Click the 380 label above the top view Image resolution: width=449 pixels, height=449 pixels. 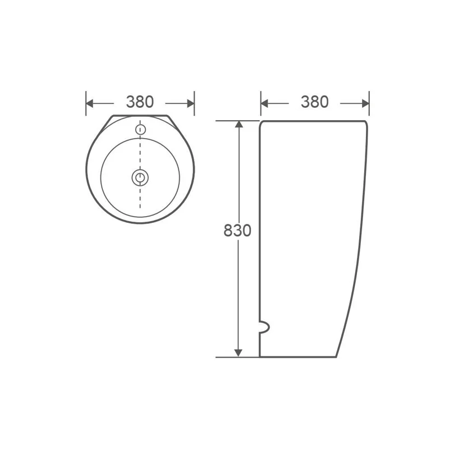(140, 102)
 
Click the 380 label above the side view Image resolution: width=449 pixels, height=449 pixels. (314, 102)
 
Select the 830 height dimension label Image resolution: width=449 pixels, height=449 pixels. (237, 231)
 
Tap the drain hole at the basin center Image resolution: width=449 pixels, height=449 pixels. (140, 178)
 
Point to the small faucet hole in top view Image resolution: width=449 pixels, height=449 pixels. (140, 130)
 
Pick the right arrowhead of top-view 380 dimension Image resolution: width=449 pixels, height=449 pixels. (190, 103)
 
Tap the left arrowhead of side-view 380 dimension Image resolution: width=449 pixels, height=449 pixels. (265, 103)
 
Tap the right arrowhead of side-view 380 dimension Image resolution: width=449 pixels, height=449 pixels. (364, 103)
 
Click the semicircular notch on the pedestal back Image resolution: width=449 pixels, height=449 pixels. (264, 327)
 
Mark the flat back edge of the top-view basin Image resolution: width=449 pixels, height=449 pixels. (140, 116)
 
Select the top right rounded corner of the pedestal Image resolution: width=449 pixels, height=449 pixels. (365, 123)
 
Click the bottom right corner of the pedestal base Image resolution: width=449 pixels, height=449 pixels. (336, 356)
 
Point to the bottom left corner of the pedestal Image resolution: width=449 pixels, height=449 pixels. (260, 356)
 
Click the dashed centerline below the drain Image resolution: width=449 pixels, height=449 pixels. (140, 199)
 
